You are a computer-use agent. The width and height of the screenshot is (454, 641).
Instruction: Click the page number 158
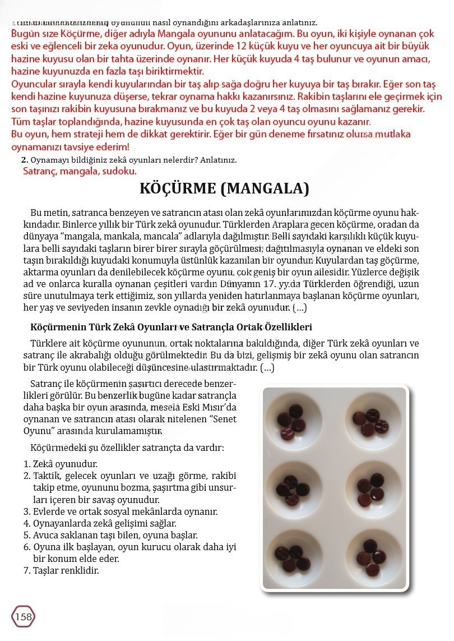pyautogui.click(x=23, y=617)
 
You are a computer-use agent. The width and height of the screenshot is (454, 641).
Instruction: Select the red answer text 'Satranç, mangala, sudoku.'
pyautogui.click(x=80, y=171)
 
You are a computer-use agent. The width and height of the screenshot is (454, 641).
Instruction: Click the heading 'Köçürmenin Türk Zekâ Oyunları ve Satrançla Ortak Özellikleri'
pyautogui.click(x=171, y=327)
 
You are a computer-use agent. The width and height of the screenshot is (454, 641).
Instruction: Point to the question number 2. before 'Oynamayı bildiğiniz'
pyautogui.click(x=24, y=160)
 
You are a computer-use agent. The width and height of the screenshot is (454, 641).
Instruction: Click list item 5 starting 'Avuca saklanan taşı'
pyautogui.click(x=110, y=536)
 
